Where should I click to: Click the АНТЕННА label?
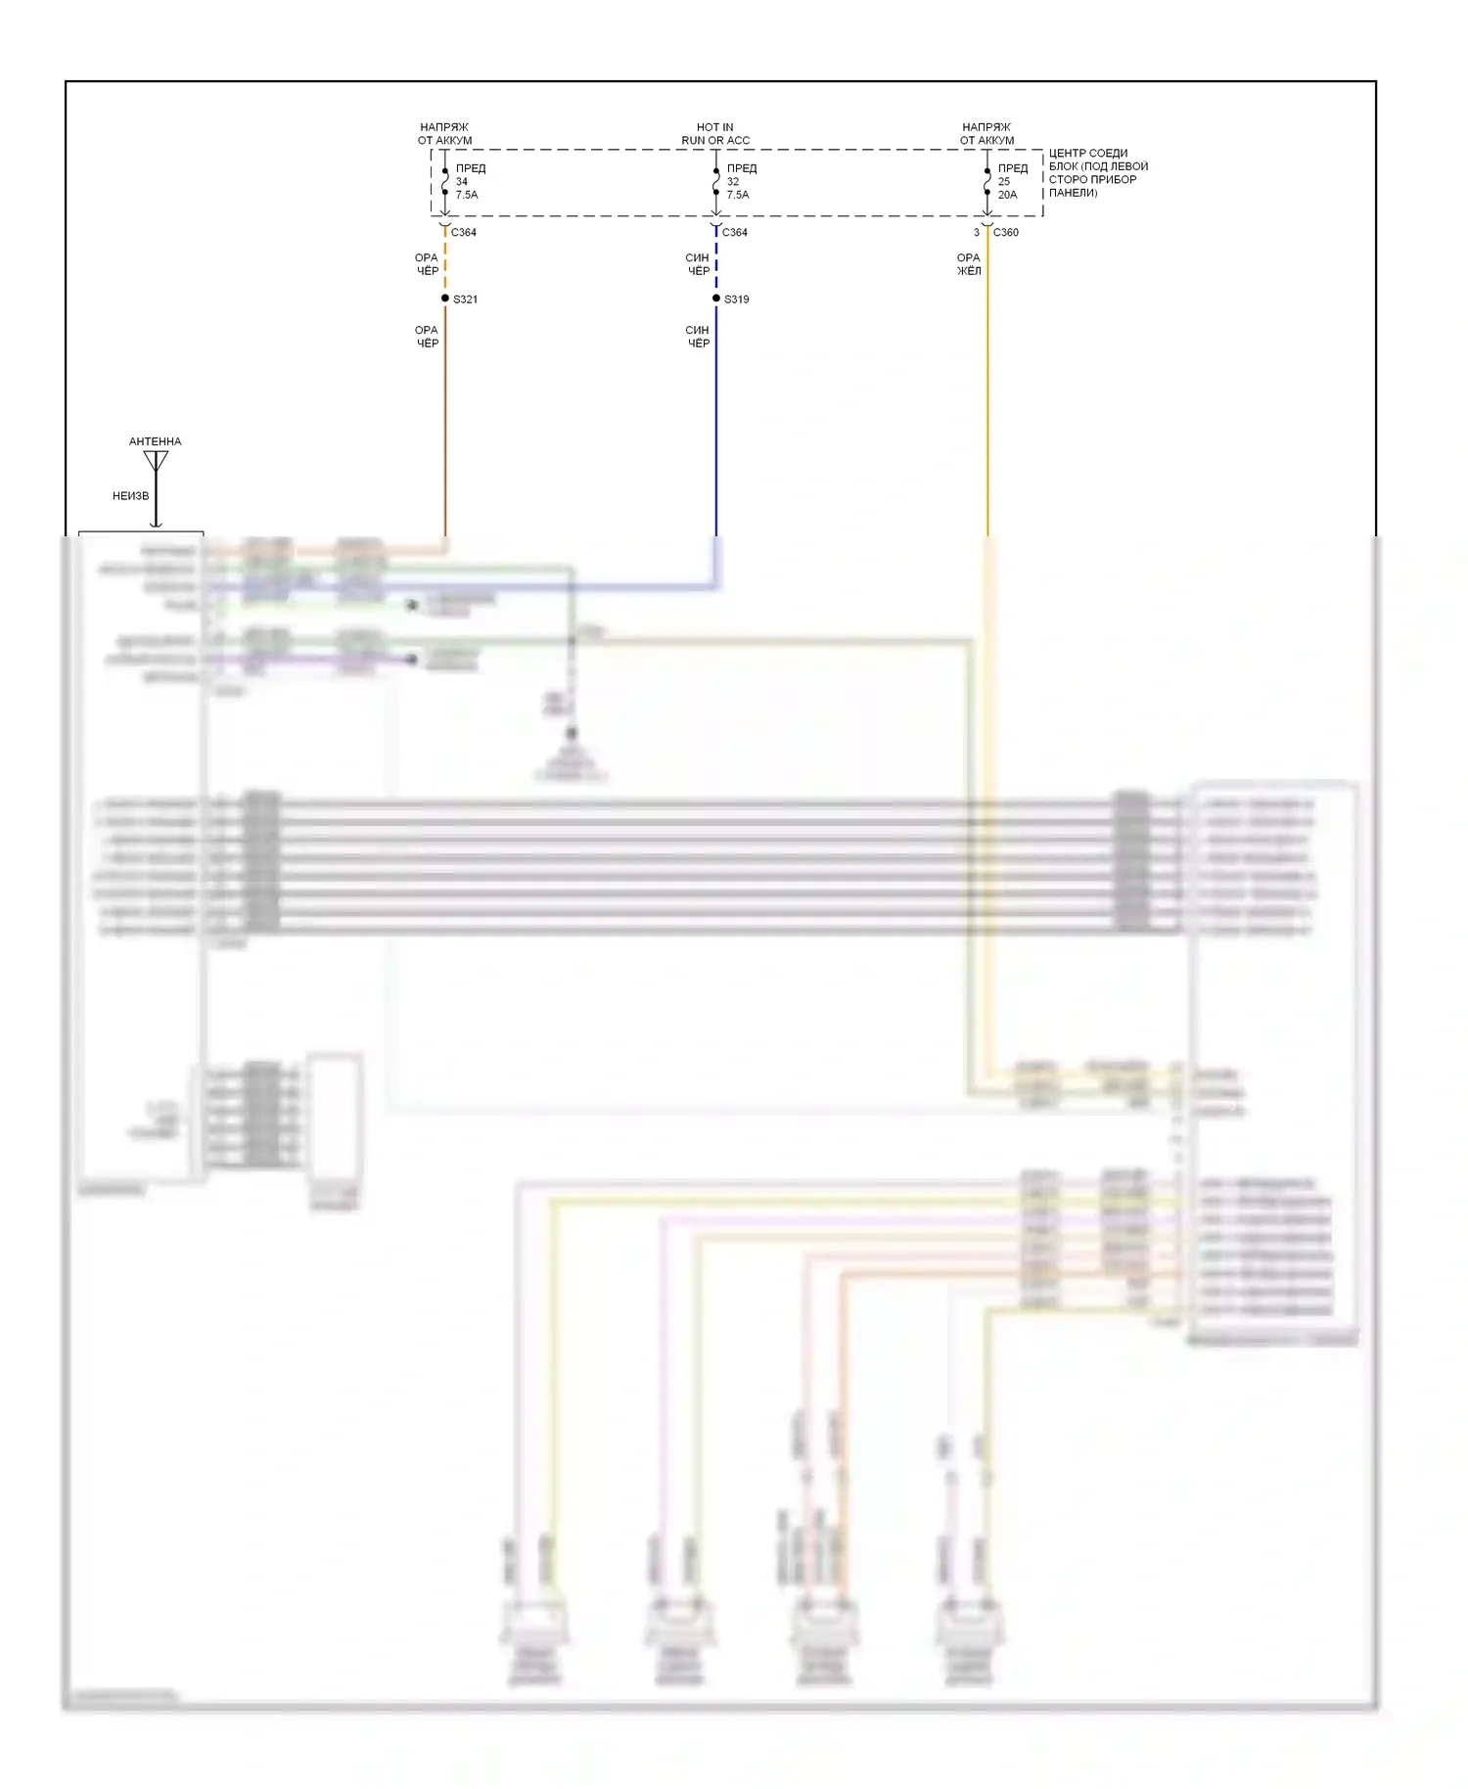(x=155, y=441)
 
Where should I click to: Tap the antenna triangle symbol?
(x=156, y=460)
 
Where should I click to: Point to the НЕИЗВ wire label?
(x=130, y=496)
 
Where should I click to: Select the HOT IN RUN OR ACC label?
(x=715, y=134)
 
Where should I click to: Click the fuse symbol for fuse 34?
(x=445, y=182)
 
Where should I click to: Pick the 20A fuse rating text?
(x=1007, y=195)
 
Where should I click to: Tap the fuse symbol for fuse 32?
(x=716, y=182)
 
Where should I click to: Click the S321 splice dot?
(x=445, y=298)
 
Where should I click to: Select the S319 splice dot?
(x=716, y=298)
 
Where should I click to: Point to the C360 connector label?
(x=1005, y=233)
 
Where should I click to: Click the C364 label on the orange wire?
(x=464, y=233)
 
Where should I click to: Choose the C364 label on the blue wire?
(x=735, y=233)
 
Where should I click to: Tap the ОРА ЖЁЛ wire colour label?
(x=968, y=264)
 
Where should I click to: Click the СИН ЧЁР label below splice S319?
(x=698, y=337)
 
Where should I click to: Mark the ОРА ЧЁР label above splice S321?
(x=427, y=264)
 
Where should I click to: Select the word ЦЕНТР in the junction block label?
(x=1067, y=154)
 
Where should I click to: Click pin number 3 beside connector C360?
(x=976, y=233)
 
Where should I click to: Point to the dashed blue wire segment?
(x=716, y=264)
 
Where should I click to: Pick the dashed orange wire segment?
(x=445, y=264)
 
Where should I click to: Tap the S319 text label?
(x=737, y=299)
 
